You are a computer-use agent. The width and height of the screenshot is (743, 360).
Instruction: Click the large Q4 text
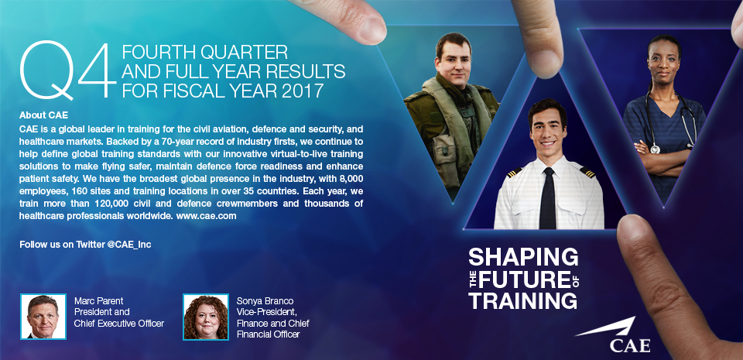tap(68, 70)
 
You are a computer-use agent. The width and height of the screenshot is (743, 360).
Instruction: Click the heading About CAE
tap(43, 115)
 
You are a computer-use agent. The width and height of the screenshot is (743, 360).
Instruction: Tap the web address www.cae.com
tap(206, 215)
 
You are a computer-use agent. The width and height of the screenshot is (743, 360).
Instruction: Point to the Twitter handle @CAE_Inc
tap(129, 245)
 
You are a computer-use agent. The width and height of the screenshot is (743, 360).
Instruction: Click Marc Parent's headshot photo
tap(43, 317)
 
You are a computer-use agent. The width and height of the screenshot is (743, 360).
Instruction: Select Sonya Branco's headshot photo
tap(206, 317)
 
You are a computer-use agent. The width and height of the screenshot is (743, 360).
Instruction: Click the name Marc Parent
tap(98, 301)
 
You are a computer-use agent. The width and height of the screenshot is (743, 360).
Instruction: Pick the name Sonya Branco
tap(265, 301)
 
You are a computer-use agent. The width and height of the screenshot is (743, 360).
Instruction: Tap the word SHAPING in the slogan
tap(523, 257)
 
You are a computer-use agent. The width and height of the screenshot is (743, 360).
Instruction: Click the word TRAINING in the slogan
tap(522, 300)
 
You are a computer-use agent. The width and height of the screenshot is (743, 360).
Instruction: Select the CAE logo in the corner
tap(613, 335)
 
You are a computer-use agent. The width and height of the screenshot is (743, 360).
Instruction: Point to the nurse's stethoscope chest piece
tap(656, 149)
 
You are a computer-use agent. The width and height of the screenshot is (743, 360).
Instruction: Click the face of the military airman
tap(454, 59)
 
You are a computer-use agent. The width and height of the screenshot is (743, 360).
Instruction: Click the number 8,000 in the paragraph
tap(348, 180)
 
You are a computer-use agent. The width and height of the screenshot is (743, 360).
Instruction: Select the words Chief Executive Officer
tap(119, 324)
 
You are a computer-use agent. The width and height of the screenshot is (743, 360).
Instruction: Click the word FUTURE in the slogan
tap(524, 279)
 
